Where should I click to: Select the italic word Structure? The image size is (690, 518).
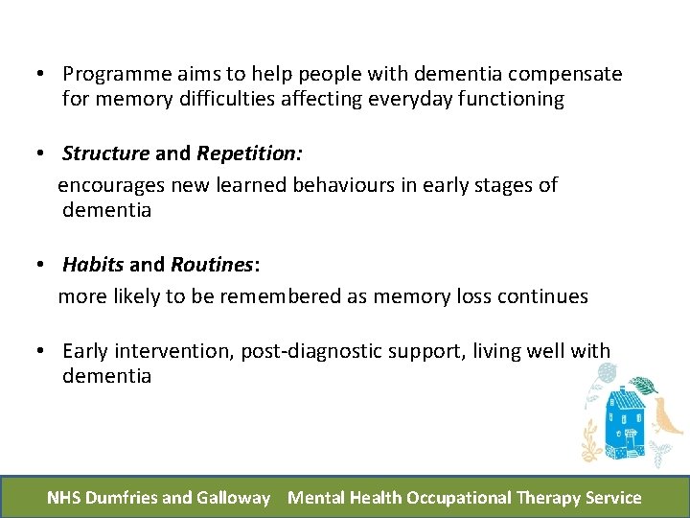(x=105, y=153)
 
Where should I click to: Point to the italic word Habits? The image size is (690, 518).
(x=93, y=265)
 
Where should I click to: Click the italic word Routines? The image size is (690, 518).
(x=211, y=265)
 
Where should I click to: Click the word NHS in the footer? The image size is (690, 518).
(x=64, y=498)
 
